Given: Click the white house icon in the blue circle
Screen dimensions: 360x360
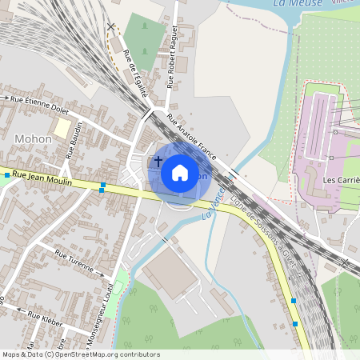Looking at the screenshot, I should (x=179, y=171).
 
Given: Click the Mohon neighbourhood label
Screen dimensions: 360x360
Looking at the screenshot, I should (x=33, y=138).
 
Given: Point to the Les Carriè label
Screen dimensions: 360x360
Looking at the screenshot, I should (x=341, y=180).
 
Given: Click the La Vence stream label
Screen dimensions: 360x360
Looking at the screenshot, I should (x=213, y=205).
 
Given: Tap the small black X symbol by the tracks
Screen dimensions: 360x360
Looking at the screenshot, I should (x=111, y=26).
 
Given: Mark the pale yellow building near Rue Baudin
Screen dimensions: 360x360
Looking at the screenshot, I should (x=62, y=128).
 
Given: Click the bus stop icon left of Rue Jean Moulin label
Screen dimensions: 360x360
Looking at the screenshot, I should (x=6, y=174).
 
